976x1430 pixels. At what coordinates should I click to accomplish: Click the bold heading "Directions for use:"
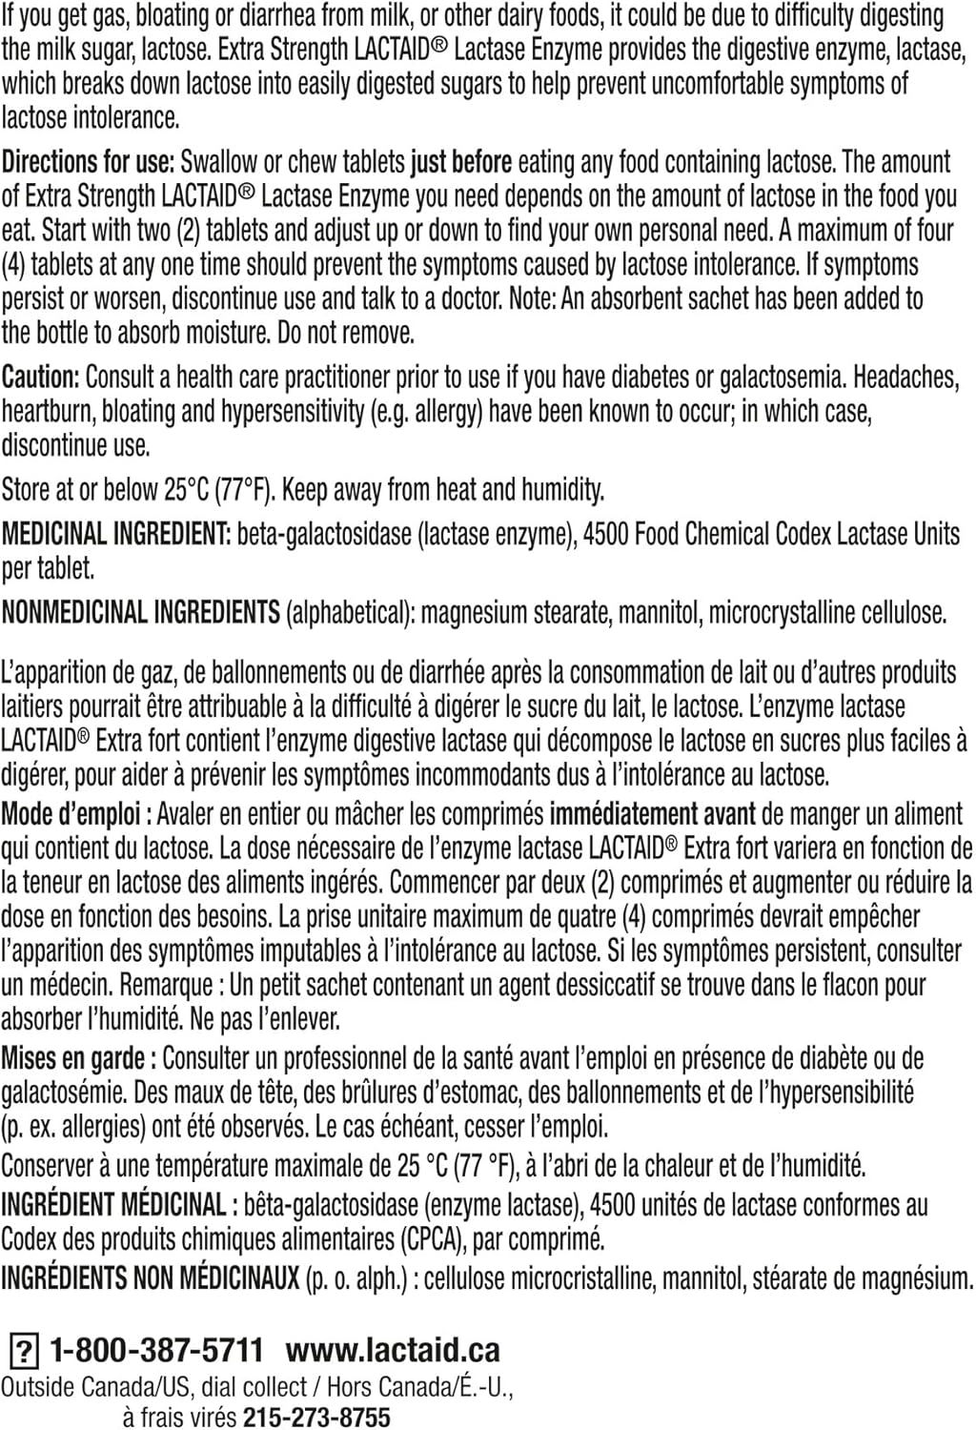pyautogui.click(x=89, y=162)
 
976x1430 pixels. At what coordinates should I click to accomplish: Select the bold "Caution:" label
pyautogui.click(x=40, y=378)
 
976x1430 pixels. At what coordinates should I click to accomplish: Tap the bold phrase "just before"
pyautogui.click(x=461, y=162)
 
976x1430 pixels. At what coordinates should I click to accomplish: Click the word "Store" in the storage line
pyautogui.click(x=27, y=490)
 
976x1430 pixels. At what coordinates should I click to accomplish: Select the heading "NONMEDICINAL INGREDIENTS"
pyautogui.click(x=141, y=612)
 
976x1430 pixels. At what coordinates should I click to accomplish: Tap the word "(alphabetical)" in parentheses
pyautogui.click(x=350, y=612)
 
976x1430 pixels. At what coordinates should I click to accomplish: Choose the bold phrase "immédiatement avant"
pyautogui.click(x=652, y=815)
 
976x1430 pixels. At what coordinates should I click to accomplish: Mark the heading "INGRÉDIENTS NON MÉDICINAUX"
pyautogui.click(x=150, y=1278)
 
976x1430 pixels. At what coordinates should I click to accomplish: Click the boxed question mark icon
pyautogui.click(x=23, y=1352)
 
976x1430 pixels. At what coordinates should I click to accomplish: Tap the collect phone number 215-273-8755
pyautogui.click(x=316, y=1418)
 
